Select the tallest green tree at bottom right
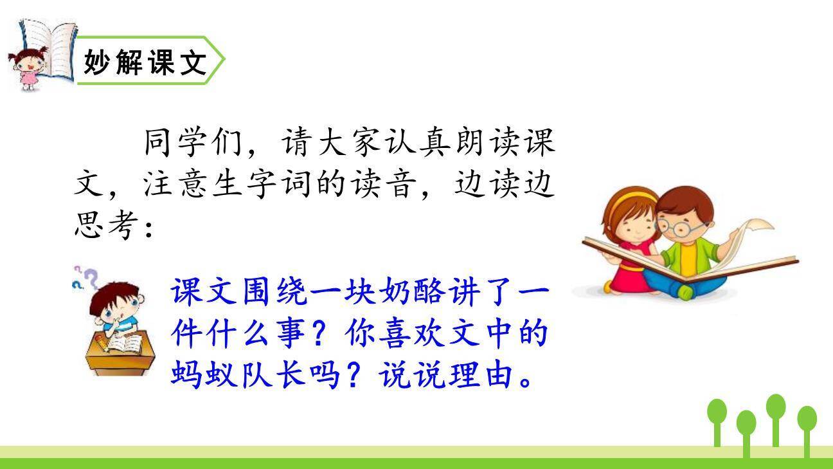776,418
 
